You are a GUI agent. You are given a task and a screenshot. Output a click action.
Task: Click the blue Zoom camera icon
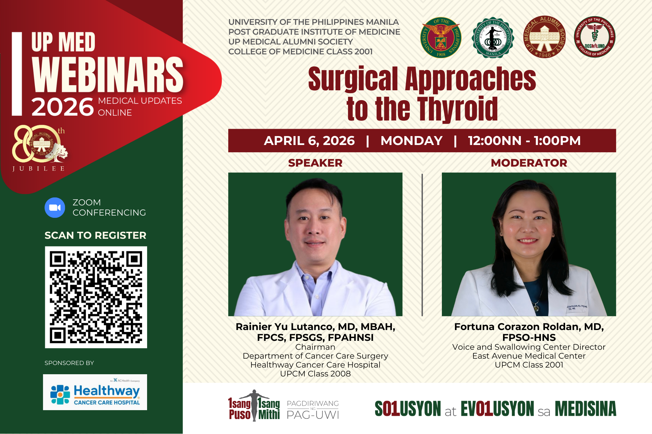pos(55,208)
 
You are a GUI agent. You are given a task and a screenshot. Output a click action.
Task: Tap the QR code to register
pos(96,297)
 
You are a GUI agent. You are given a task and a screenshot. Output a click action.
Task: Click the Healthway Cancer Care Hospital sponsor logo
pos(95,392)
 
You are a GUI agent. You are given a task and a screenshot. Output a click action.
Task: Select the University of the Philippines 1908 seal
pos(441,38)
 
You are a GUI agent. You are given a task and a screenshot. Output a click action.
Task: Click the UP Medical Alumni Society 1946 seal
pos(544,37)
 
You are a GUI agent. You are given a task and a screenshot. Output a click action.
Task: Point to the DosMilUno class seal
pos(594,37)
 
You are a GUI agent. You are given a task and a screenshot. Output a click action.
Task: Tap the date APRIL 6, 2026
pos(309,141)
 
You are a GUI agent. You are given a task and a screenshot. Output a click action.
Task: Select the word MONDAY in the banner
pos(411,141)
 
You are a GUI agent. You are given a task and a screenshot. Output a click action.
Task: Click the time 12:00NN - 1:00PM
pos(524,141)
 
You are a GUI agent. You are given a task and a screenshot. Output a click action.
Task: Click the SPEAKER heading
pos(315,163)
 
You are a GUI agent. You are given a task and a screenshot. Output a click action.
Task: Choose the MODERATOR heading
pos(529,163)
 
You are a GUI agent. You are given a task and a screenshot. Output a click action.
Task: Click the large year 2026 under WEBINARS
pos(62,107)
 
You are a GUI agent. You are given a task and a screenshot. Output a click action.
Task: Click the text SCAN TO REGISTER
pos(95,235)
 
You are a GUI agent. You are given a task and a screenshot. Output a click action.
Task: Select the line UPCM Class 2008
pos(315,374)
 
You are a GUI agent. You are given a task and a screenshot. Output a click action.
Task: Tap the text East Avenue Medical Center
pos(529,356)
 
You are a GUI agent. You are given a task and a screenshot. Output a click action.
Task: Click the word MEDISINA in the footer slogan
pos(585,409)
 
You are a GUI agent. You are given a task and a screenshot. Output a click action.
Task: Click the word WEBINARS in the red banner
pos(108,75)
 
